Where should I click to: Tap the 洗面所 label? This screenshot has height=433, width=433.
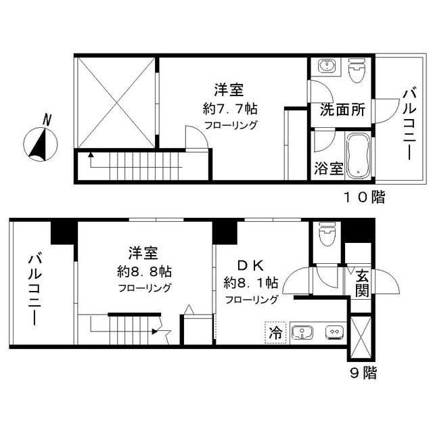pos(339,108)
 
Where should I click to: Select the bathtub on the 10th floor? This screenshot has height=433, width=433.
pos(357,155)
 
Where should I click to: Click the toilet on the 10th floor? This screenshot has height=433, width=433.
pos(356,71)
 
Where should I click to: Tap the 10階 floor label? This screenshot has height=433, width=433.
pos(363,198)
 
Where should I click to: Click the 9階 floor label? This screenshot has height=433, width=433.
pos(362,372)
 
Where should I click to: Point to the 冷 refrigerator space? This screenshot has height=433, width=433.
pos(275,332)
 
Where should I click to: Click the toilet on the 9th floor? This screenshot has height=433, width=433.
pos(327,237)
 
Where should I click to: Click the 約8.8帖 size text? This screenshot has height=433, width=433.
pos(143,271)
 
